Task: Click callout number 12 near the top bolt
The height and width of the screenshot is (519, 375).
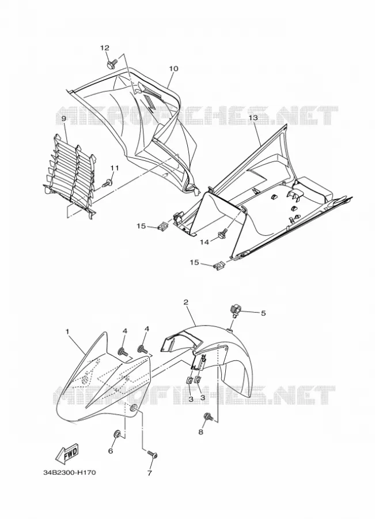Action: pyautogui.click(x=104, y=48)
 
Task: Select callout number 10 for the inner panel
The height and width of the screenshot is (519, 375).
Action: pyautogui.click(x=173, y=69)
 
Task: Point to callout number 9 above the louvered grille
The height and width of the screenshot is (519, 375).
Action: pyautogui.click(x=63, y=118)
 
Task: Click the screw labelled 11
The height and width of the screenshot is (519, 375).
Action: pyautogui.click(x=108, y=182)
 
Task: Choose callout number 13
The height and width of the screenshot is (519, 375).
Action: pyautogui.click(x=253, y=118)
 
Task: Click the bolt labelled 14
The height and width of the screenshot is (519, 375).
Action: pyautogui.click(x=224, y=233)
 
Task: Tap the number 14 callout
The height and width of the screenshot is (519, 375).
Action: pyautogui.click(x=204, y=243)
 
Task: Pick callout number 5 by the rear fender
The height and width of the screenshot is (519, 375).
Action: pyautogui.click(x=263, y=313)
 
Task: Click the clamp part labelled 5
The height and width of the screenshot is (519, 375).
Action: pyautogui.click(x=234, y=311)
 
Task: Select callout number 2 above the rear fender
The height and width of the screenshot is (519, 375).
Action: pyautogui.click(x=186, y=302)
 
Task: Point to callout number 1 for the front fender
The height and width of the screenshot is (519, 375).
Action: pyautogui.click(x=67, y=332)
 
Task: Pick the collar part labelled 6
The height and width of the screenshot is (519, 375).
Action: pyautogui.click(x=117, y=433)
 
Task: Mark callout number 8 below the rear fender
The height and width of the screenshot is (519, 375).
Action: pyautogui.click(x=200, y=432)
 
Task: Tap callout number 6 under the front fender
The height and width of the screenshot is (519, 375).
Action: pyautogui.click(x=111, y=451)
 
